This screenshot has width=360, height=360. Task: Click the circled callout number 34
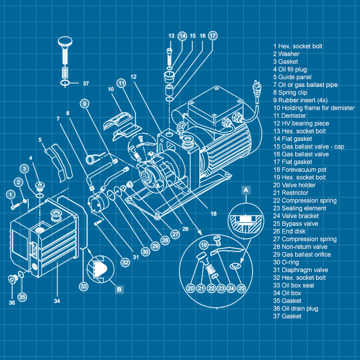click(x=56, y=300)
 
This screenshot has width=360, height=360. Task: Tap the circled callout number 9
click(x=84, y=103)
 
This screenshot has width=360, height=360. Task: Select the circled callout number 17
click(x=213, y=35)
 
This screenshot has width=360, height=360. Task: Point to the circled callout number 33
click(x=84, y=286)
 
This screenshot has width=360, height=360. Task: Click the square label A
click(x=246, y=190)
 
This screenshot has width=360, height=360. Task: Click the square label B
click(x=119, y=290)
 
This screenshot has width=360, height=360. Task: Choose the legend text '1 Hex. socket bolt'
click(x=298, y=46)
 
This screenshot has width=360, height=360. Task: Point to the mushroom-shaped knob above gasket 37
click(x=65, y=42)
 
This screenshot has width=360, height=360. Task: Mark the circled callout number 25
click(x=241, y=289)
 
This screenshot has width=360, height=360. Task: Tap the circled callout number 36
click(x=11, y=302)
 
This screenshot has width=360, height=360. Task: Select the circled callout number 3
click(x=25, y=169)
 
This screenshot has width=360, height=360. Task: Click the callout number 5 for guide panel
click(x=40, y=139)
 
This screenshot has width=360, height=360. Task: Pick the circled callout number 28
click(x=165, y=240)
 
